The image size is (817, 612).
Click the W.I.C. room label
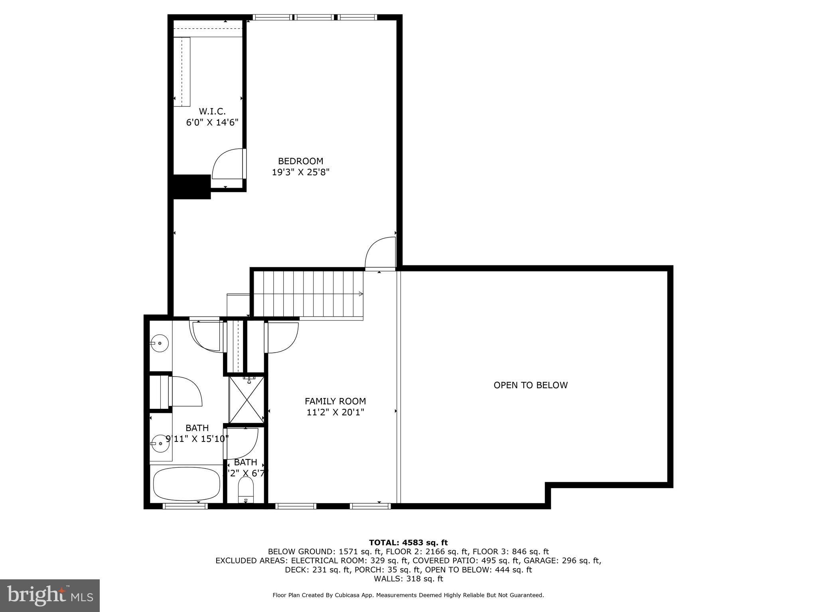pos(212,111)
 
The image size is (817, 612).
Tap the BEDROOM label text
pos(300,161)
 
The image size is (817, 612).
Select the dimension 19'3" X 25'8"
pos(300,172)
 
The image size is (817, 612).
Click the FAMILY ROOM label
pos(335,401)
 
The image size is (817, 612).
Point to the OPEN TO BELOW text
pos(530,385)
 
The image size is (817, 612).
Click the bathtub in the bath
pos(186,484)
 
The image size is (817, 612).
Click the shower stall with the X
pos(246,399)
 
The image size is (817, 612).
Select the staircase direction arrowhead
pos(361,294)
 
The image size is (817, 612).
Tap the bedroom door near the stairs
pos(380,253)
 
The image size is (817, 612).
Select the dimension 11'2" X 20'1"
pos(335,412)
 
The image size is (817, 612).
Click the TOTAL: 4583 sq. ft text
pos(408,542)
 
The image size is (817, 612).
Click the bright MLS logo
pos(50,595)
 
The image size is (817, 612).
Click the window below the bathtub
pos(185,506)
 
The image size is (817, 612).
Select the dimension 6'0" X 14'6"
pos(212,122)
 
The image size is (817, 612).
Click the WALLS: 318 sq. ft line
pos(408,579)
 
